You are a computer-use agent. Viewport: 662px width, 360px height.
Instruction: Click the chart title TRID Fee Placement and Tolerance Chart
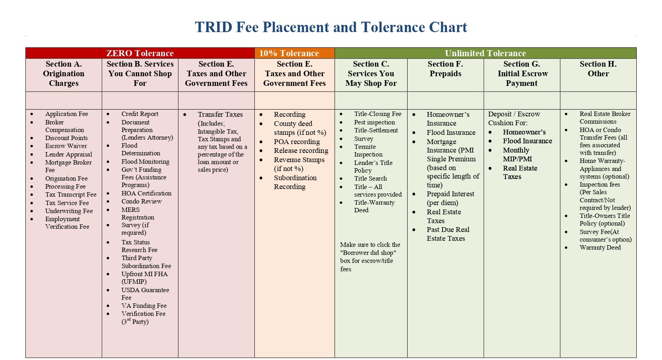click(331, 27)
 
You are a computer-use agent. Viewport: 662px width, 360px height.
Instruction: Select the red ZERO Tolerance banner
click(140, 53)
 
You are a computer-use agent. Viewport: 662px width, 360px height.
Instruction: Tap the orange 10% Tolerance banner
click(294, 53)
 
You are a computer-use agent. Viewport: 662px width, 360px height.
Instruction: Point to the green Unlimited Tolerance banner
click(485, 53)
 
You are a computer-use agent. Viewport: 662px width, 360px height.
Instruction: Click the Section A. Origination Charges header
click(63, 73)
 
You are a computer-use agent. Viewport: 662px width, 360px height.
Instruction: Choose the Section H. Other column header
click(598, 69)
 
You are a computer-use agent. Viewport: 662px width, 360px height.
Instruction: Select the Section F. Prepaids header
click(445, 69)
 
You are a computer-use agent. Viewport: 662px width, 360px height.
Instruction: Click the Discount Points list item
click(66, 138)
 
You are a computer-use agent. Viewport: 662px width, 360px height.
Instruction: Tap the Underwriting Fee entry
click(69, 211)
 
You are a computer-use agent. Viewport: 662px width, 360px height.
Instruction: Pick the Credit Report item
click(140, 114)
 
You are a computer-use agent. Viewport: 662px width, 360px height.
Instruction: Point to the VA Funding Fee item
click(144, 305)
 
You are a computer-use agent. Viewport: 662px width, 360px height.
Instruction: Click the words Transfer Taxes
click(220, 114)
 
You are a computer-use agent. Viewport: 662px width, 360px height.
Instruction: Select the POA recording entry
click(297, 142)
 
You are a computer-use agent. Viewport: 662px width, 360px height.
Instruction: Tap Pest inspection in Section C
click(374, 122)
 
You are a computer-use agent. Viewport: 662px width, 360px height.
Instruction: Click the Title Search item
click(370, 178)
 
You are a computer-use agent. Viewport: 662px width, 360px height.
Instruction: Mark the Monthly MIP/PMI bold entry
click(517, 154)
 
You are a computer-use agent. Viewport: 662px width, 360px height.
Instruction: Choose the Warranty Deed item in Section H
click(600, 247)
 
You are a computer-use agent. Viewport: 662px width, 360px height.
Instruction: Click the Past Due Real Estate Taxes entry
click(448, 234)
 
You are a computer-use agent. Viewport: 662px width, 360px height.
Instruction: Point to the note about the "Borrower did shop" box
click(370, 257)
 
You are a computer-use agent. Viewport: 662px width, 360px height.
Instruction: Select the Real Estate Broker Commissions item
click(605, 118)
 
